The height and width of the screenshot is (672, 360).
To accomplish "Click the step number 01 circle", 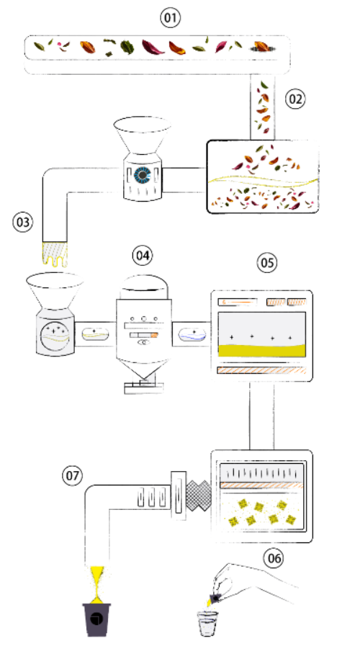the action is point(171,19).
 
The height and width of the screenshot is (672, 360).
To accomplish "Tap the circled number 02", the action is point(295,99).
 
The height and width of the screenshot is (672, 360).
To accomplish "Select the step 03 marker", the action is point(22,222).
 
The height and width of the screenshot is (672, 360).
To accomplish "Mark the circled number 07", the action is point(73,476).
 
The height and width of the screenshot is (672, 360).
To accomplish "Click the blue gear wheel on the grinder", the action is point(141,175).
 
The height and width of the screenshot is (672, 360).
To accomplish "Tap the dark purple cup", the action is point(96,619).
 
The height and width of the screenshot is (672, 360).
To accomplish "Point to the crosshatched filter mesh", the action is point(199,496).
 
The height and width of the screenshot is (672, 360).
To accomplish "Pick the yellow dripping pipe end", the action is point(55,254).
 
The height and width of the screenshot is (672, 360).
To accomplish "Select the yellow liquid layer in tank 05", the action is point(262,350).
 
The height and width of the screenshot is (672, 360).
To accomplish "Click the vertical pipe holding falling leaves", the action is point(262,107).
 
